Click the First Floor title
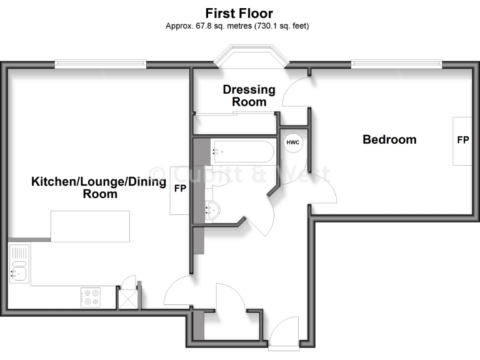tap(239, 13)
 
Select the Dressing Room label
tap(249, 96)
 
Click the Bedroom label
tap(389, 139)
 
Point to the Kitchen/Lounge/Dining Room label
tap(99, 187)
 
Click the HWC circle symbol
tap(292, 142)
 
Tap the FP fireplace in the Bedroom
tap(462, 141)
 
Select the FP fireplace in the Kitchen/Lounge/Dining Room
tap(180, 188)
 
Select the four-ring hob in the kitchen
tap(91, 296)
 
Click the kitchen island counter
tap(90, 226)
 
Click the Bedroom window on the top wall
tap(397, 62)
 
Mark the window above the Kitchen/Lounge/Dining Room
tap(100, 62)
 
